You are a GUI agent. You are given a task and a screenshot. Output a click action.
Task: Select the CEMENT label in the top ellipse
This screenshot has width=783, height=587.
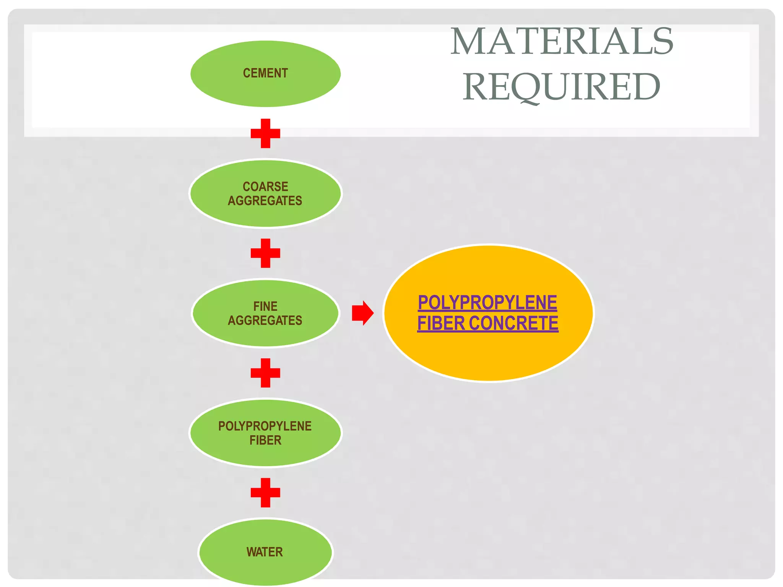pyautogui.click(x=265, y=73)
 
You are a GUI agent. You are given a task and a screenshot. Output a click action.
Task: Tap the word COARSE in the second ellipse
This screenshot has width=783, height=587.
pyautogui.click(x=265, y=186)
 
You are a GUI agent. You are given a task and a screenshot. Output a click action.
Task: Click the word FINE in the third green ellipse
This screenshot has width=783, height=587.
pyautogui.click(x=265, y=306)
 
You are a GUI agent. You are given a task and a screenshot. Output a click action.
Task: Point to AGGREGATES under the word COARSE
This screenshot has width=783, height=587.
pyautogui.click(x=265, y=201)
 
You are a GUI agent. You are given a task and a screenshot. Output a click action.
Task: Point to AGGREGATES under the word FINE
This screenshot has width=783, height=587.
pyautogui.click(x=265, y=320)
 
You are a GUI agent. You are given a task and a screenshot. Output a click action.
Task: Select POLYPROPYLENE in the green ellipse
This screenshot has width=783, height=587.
pyautogui.click(x=265, y=426)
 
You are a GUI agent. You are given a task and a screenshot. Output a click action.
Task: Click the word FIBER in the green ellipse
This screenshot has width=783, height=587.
pyautogui.click(x=265, y=440)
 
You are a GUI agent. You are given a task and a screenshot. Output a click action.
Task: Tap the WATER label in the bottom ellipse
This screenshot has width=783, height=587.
pyautogui.click(x=265, y=552)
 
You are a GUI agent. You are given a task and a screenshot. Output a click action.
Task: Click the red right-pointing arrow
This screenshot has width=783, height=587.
pyautogui.click(x=362, y=313)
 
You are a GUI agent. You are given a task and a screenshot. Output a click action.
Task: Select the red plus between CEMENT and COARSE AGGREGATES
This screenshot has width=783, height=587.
pyautogui.click(x=265, y=133)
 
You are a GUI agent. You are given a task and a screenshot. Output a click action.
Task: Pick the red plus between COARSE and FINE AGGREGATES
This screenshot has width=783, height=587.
pyautogui.click(x=265, y=253)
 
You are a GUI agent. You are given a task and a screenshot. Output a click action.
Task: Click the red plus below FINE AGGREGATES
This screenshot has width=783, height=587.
pyautogui.click(x=265, y=373)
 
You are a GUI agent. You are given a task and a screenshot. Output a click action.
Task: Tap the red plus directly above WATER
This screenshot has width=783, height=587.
pyautogui.click(x=265, y=493)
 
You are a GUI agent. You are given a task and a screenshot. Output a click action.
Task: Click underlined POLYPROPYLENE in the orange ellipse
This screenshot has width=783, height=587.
pyautogui.click(x=487, y=303)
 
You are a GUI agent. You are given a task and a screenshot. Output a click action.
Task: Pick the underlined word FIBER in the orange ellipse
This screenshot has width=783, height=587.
pyautogui.click(x=441, y=323)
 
